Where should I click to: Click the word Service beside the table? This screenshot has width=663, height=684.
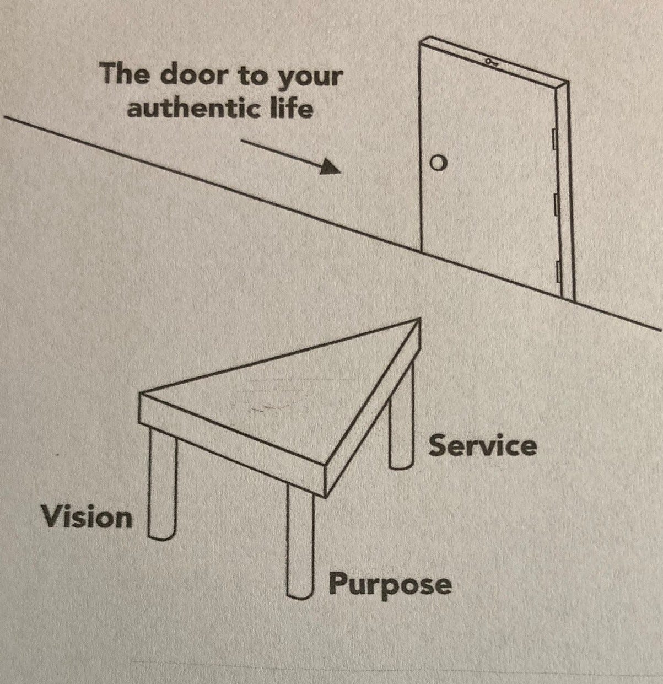[x=482, y=445]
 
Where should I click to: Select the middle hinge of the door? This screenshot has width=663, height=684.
[x=557, y=204]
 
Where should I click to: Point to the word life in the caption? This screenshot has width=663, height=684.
[x=294, y=108]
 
